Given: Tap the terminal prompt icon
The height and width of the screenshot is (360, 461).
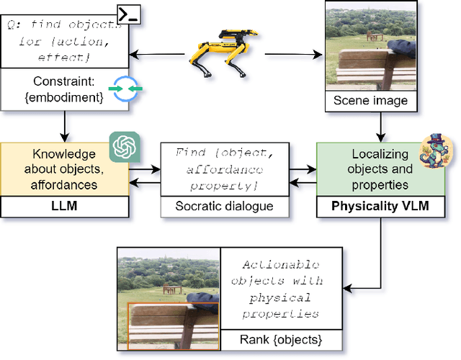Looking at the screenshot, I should click(x=128, y=12).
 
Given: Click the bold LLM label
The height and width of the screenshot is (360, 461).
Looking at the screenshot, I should click(x=65, y=206).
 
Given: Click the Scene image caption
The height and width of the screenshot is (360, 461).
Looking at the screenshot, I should click(x=370, y=101).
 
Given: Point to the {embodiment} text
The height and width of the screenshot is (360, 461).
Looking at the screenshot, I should click(x=65, y=96).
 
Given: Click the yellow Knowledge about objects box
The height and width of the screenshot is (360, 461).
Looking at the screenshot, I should click(x=65, y=170).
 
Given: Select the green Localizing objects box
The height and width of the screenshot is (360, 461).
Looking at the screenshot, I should click(x=380, y=170).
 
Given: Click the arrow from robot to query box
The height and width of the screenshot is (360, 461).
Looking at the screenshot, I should click(x=158, y=53).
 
